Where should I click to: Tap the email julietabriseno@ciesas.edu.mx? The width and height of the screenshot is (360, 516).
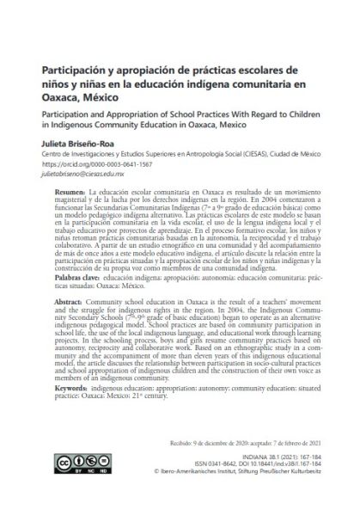[86, 172]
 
